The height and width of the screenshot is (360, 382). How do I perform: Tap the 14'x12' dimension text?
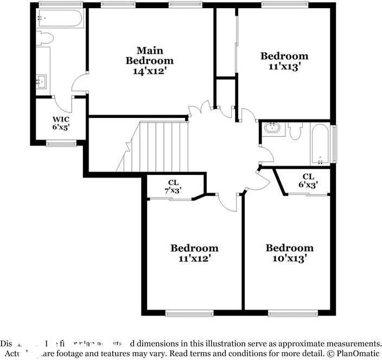149,71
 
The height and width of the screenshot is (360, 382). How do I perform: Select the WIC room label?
61,119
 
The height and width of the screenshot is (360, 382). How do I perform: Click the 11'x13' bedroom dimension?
284,66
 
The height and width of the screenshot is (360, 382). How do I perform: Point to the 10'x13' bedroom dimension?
289,259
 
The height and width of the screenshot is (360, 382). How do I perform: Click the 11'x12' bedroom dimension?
194,259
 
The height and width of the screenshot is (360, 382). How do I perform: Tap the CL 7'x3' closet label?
174,186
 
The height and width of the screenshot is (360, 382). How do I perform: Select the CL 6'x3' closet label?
308,180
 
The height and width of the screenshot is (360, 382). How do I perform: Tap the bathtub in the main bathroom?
60,19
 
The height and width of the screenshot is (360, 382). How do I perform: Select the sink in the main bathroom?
41,82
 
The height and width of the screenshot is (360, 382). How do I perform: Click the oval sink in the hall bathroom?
271,129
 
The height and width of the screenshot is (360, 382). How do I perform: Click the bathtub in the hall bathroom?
320,144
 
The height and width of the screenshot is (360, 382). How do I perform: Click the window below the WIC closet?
61,143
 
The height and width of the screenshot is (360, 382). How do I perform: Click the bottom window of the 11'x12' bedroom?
189,313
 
